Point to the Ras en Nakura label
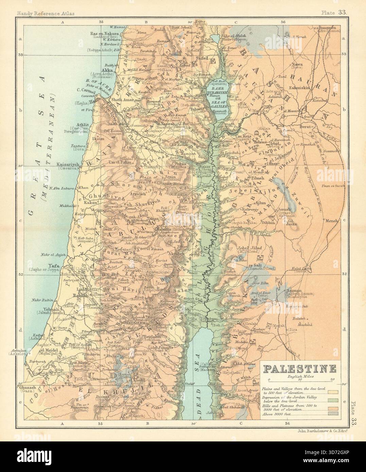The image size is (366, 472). coord(104,34)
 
